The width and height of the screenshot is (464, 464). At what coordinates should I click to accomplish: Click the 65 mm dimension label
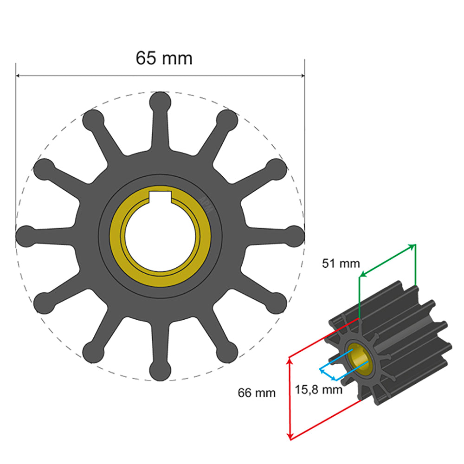click(164, 58)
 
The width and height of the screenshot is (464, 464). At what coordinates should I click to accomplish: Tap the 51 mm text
click(341, 264)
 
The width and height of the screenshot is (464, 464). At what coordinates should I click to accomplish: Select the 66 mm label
click(257, 393)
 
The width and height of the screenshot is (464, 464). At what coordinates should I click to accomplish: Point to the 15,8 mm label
click(319, 389)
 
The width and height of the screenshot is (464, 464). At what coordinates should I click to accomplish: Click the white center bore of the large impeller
click(161, 237)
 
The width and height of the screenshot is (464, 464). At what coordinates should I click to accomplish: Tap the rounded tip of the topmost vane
click(161, 101)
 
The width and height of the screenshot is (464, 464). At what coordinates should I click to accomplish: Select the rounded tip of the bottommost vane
click(161, 371)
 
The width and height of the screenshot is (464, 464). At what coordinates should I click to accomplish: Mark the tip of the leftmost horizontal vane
click(26, 236)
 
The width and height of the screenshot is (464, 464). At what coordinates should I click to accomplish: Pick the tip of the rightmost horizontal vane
click(295, 236)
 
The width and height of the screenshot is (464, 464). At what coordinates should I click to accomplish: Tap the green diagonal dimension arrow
click(387, 260)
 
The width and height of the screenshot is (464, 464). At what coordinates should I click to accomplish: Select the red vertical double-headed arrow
click(290, 398)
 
